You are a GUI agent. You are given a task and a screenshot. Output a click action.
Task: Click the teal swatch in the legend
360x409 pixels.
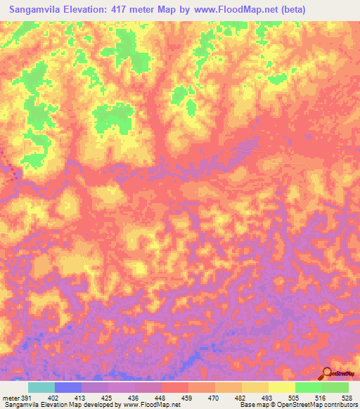coord(41,387)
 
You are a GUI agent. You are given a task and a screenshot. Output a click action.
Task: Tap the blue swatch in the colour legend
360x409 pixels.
coord(68,387)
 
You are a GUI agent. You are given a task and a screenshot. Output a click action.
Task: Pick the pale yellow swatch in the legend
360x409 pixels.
coord(281,387)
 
